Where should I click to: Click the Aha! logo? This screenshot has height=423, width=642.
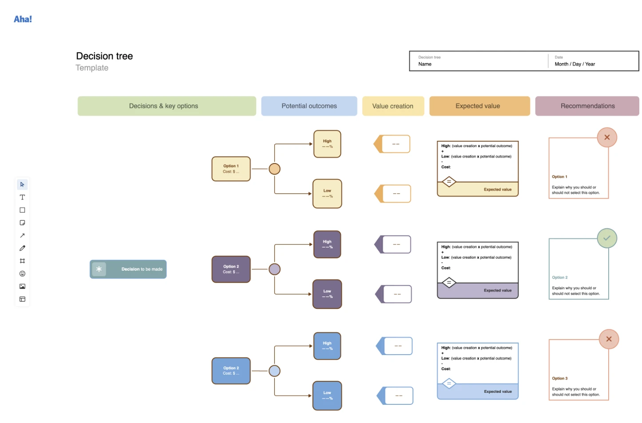(23, 19)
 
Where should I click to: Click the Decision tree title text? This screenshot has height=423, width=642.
(104, 56)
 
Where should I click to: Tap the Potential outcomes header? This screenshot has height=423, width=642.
(309, 106)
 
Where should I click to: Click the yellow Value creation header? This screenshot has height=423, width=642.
(393, 106)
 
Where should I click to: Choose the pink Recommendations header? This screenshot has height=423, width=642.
(587, 106)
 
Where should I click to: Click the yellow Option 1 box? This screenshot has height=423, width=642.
(231, 169)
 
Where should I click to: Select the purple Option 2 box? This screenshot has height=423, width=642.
(231, 269)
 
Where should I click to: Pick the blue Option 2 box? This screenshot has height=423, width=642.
(231, 371)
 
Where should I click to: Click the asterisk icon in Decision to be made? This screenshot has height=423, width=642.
(99, 269)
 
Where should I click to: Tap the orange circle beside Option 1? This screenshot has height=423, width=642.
(275, 169)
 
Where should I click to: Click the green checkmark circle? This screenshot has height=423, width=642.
(607, 238)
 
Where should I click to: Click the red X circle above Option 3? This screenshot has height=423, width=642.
(609, 339)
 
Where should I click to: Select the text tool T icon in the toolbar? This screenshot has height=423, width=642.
(22, 197)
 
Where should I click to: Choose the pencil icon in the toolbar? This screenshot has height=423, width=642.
(22, 248)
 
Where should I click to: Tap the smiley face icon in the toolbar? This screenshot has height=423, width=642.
(22, 274)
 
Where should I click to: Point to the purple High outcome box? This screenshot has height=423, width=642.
(327, 244)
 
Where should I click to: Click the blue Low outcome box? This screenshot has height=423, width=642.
(327, 395)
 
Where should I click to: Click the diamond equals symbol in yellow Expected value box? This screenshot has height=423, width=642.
(449, 182)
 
